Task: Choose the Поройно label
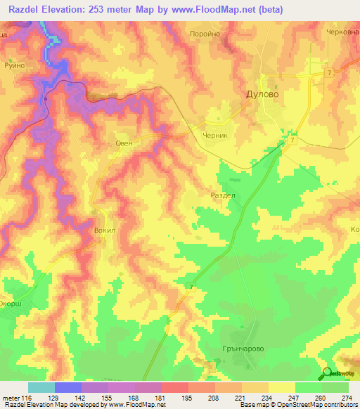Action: (206, 33)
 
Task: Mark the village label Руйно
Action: (14, 64)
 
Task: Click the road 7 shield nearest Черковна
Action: (328, 74)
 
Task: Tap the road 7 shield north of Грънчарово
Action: (191, 286)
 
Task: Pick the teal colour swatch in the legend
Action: (41, 387)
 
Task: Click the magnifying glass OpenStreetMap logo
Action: (326, 374)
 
